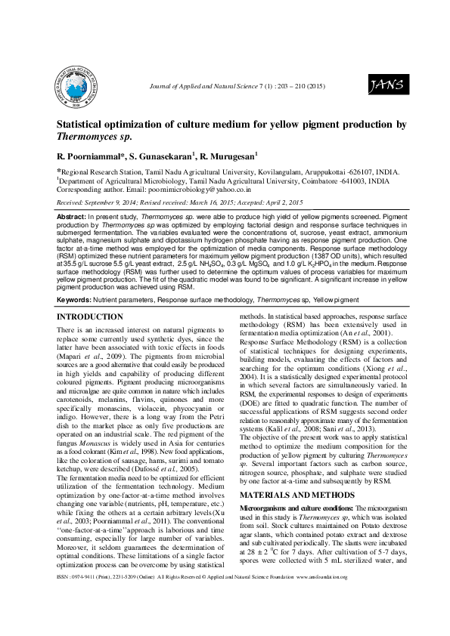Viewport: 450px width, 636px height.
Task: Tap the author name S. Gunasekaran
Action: pyautogui.click(x=163, y=156)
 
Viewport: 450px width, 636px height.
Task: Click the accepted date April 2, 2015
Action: pyautogui.click(x=283, y=203)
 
